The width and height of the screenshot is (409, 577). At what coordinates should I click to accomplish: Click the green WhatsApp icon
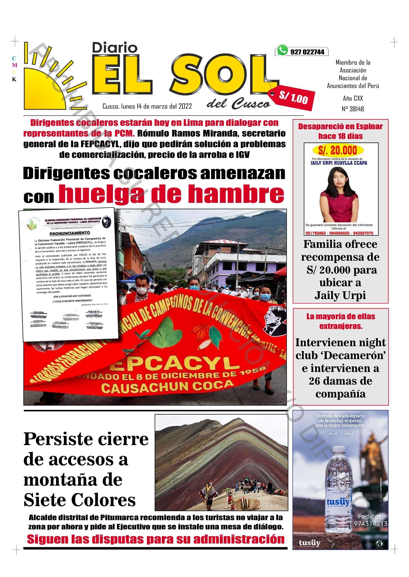(282, 50)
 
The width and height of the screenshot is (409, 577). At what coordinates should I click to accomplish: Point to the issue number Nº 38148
(353, 109)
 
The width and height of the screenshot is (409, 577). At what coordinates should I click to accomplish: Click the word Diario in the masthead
(115, 48)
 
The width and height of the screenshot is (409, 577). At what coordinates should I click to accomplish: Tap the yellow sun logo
(47, 83)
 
